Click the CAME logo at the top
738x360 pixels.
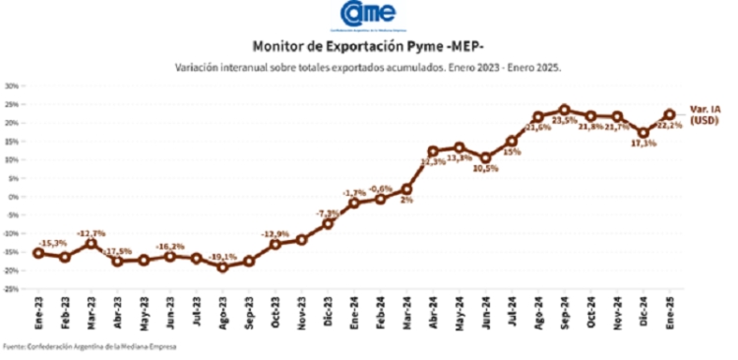tap(368, 15)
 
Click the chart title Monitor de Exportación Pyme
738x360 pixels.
tap(368, 46)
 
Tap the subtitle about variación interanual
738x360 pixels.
tap(368, 68)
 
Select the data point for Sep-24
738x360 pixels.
tap(564, 110)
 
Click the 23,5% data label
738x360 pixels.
tap(564, 122)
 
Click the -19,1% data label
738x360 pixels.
tap(223, 255)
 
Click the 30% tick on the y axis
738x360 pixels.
tap(13, 86)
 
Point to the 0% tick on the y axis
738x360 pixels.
tap(15, 197)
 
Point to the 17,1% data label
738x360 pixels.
tap(643, 144)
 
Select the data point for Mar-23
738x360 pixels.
tap(92, 242)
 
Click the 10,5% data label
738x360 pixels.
tap(485, 168)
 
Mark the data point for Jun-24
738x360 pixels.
tap(485, 157)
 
